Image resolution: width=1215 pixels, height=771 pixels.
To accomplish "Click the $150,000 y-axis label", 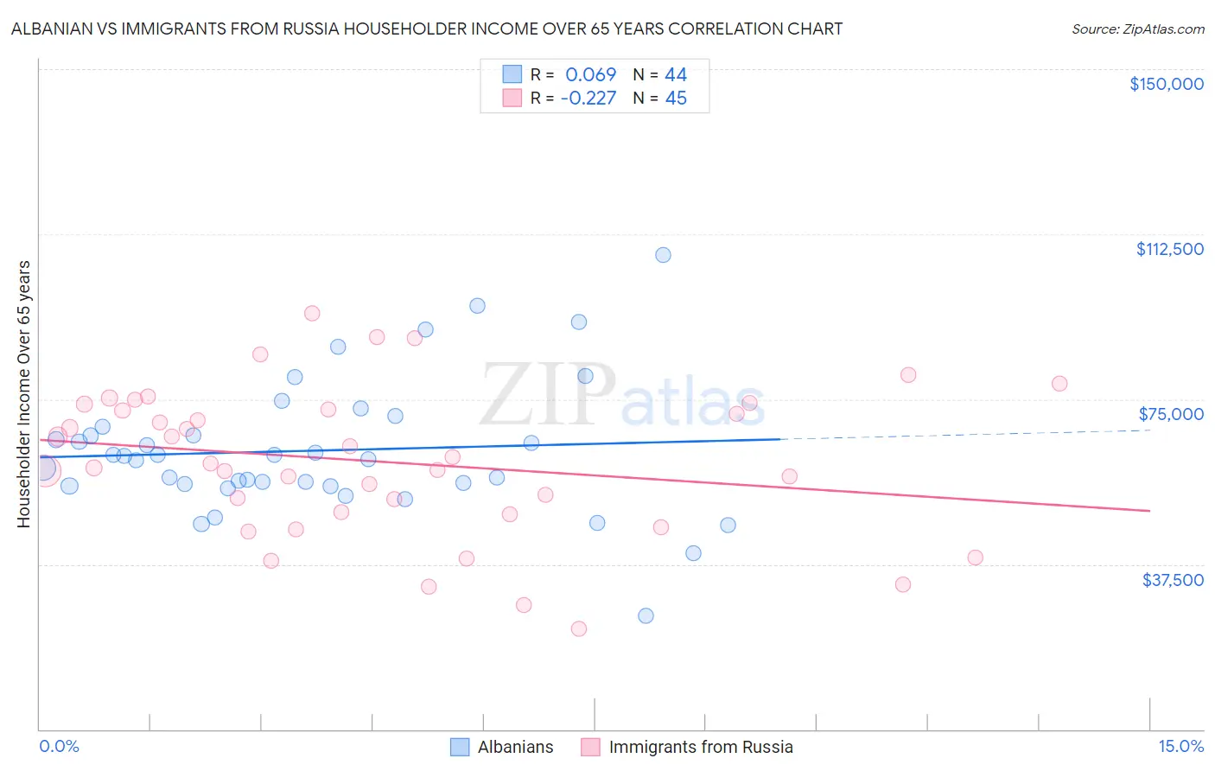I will (1166, 84).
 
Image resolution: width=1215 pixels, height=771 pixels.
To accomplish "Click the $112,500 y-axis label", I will (1169, 249).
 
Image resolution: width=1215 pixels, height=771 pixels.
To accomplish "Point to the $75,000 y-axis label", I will (1171, 414).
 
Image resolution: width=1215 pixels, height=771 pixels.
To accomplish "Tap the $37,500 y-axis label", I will (1173, 580).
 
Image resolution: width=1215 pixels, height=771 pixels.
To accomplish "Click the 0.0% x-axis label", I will (59, 747).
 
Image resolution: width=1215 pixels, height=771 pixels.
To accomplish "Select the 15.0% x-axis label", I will (1180, 747).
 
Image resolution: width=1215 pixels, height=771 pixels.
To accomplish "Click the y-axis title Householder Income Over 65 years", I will (23, 394).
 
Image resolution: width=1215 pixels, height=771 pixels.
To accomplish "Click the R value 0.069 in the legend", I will (590, 74).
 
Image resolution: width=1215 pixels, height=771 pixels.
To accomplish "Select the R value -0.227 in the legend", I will (588, 98).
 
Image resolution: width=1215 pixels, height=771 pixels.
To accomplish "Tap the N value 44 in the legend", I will (676, 74).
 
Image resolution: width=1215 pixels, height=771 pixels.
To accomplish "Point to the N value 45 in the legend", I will (676, 98).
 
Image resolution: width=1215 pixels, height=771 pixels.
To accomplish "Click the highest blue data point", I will (663, 255).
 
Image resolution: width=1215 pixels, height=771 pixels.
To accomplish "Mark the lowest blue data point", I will (646, 616).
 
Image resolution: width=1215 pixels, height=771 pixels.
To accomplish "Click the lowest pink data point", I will (579, 629).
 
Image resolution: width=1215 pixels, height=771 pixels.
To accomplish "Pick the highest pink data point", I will (312, 314).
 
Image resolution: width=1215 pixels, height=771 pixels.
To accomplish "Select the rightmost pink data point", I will (1059, 384).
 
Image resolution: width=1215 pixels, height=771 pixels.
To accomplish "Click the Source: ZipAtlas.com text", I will (1137, 29).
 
